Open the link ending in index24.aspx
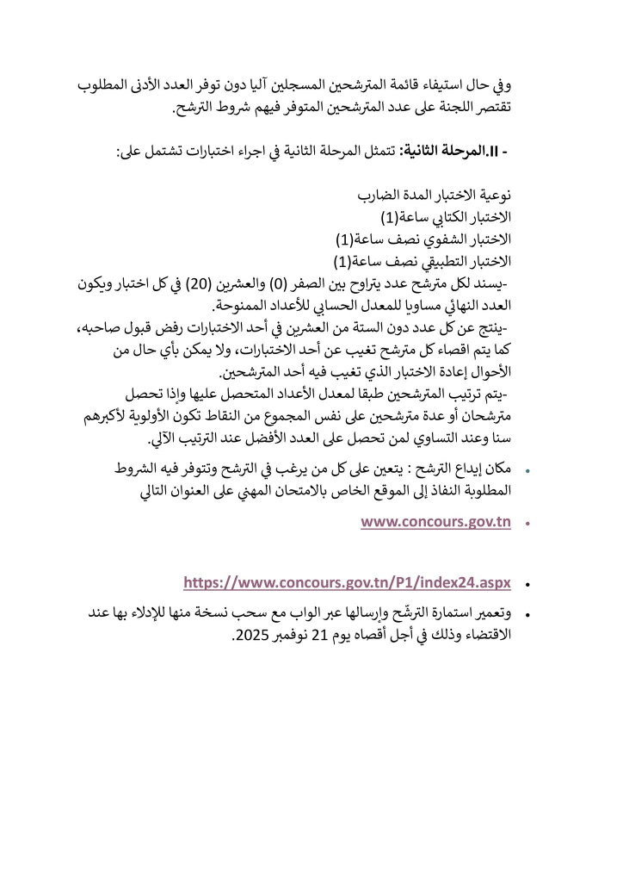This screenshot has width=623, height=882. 348,583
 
